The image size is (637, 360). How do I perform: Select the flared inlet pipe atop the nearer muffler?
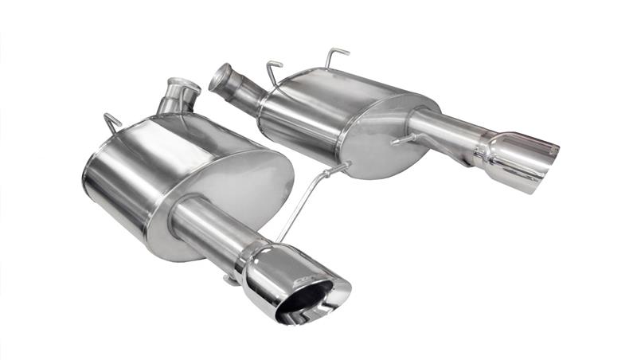[x=178, y=95]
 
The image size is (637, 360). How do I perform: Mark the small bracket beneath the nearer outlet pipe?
[x=230, y=279]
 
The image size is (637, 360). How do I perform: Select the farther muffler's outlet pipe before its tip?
[x=443, y=131]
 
